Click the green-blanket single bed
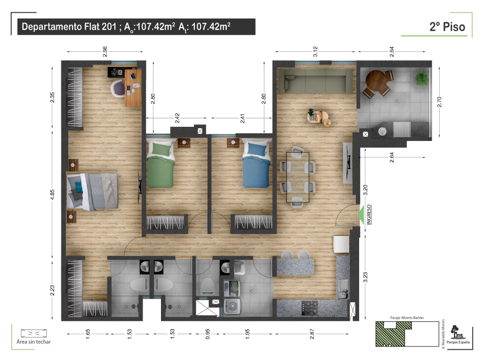coord(161,163)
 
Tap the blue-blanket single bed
coord(257,163)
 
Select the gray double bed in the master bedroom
coord(93,191)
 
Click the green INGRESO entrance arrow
coord(361,214)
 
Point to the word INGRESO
coord(369,214)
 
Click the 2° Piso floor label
coord(447,27)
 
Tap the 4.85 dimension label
coord(52,195)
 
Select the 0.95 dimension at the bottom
coord(208,334)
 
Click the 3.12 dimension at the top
coord(315,51)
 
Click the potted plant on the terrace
coord(420,79)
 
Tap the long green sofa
coord(315,81)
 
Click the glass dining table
coord(297,177)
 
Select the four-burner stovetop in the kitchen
coord(310,308)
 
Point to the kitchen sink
coord(343,289)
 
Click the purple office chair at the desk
coord(118,89)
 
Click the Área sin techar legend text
coord(34,342)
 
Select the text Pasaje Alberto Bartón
coord(407,318)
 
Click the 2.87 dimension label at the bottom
coord(312,334)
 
